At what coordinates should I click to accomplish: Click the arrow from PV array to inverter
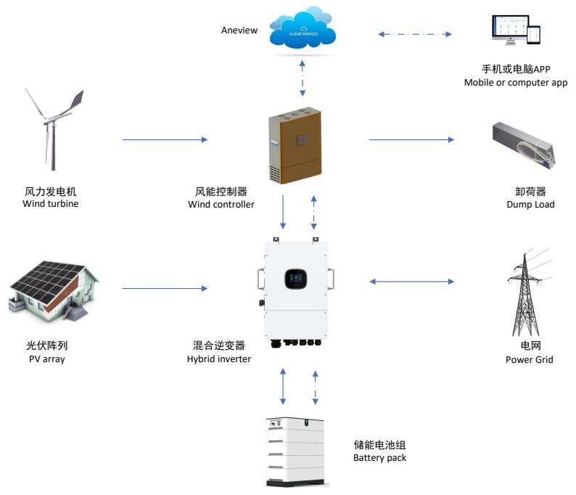click(165, 289)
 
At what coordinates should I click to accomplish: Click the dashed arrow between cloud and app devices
click(416, 33)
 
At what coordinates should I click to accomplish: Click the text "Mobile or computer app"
click(515, 83)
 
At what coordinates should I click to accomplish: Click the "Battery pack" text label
click(379, 458)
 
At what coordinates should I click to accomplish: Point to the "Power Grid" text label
click(524, 359)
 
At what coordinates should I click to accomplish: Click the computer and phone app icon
click(514, 33)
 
